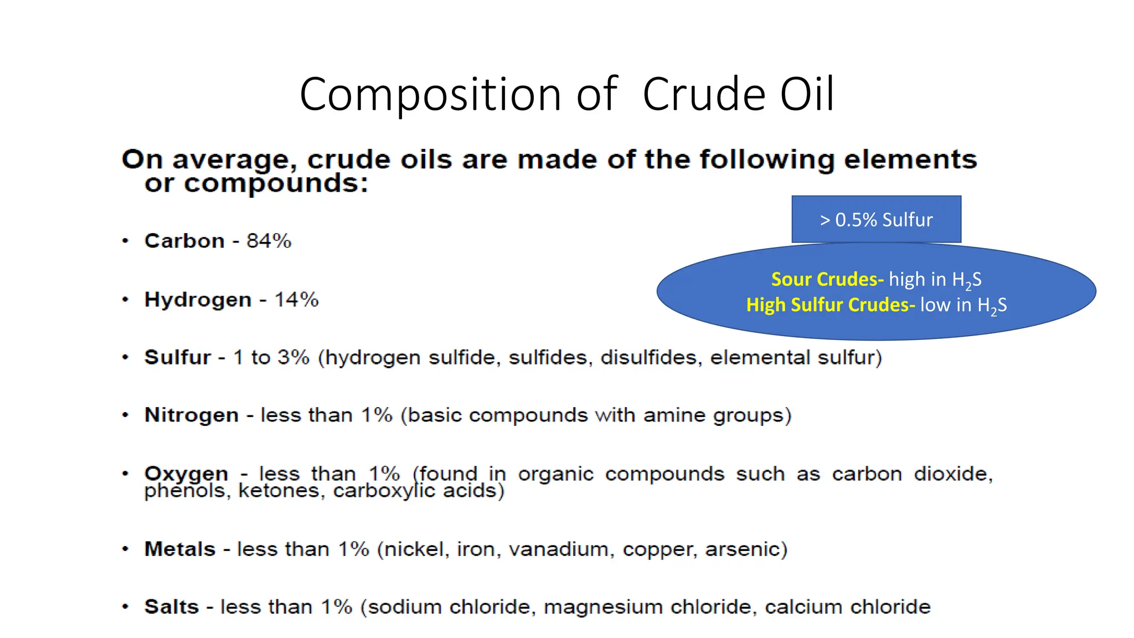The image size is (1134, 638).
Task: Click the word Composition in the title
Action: [430, 94]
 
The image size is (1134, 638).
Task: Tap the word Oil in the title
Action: [806, 94]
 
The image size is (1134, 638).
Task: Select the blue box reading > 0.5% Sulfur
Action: [876, 219]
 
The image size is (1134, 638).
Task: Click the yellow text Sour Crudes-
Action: [827, 279]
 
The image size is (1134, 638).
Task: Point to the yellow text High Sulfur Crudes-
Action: [830, 305]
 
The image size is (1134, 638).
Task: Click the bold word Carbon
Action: [184, 241]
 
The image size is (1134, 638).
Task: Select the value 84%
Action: [269, 241]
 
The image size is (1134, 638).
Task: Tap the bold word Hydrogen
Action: [198, 300]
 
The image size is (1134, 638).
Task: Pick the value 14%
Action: [296, 300]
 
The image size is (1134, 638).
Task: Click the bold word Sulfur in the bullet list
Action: [177, 357]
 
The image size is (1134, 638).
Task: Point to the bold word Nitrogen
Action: [191, 415]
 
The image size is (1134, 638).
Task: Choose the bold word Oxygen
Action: [186, 474]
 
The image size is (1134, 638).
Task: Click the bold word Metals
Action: [179, 549]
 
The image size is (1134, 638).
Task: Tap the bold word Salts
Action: [171, 606]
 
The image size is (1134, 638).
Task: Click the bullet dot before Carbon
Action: [126, 241]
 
